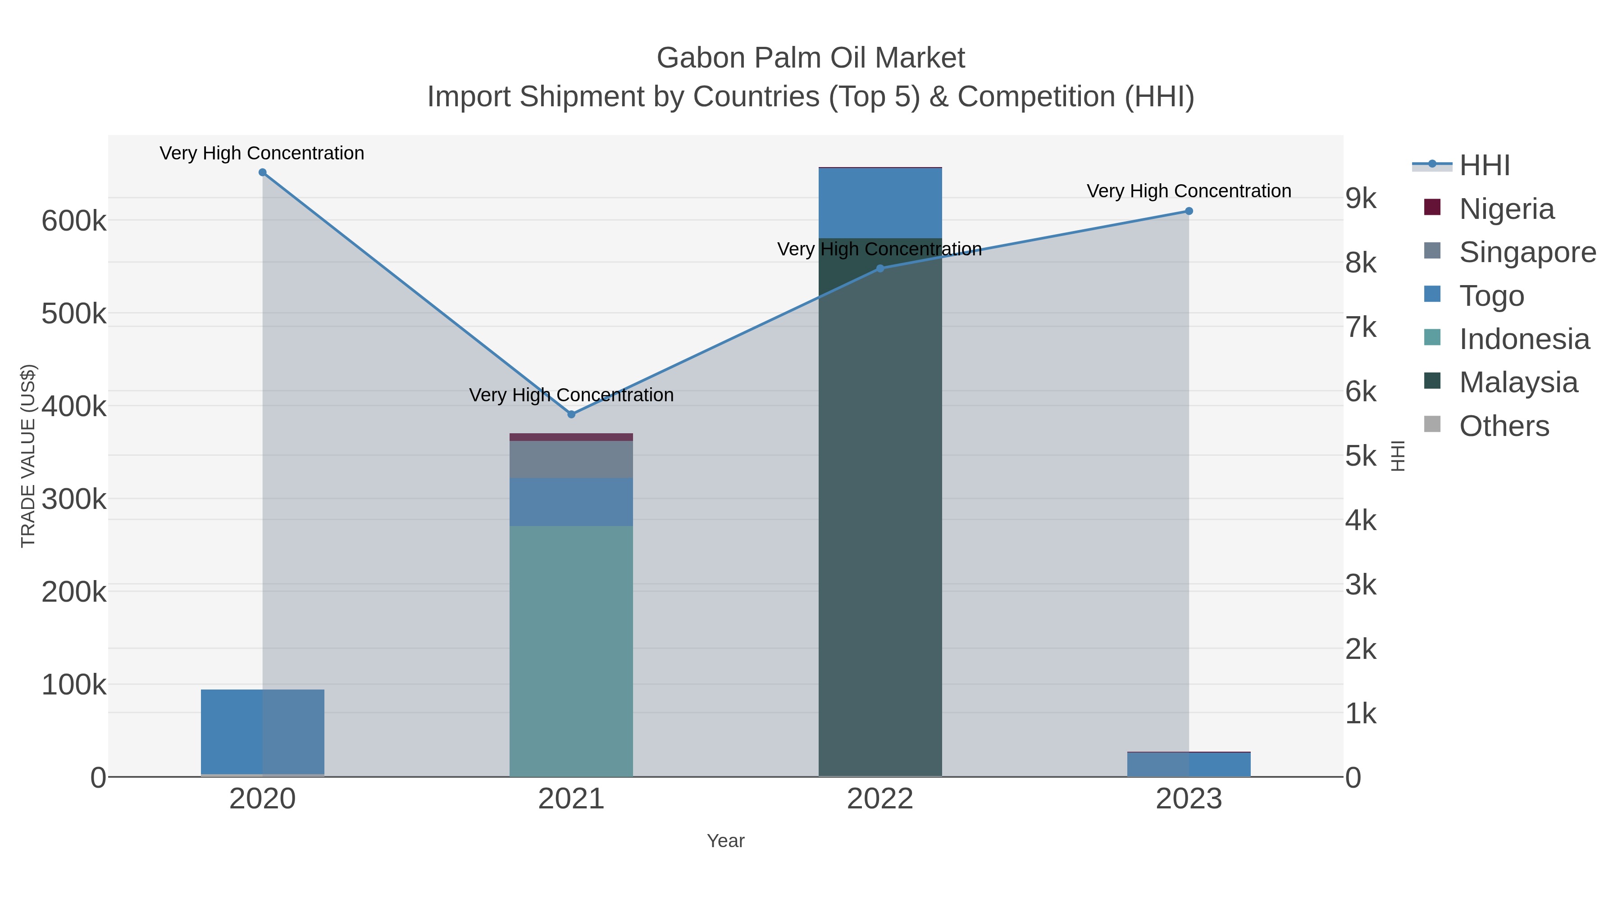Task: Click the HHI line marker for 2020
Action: [x=263, y=172]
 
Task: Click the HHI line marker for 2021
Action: [x=571, y=414]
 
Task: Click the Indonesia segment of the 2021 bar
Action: [x=571, y=648]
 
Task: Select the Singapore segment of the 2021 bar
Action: [x=571, y=459]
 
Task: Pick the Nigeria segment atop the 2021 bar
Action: [x=571, y=437]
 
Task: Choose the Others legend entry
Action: [x=1504, y=426]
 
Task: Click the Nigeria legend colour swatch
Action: [x=1432, y=208]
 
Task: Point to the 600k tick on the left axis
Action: [x=74, y=221]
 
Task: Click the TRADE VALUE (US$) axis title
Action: [x=28, y=456]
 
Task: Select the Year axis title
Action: [x=725, y=841]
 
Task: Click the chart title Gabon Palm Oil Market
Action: [x=811, y=58]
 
